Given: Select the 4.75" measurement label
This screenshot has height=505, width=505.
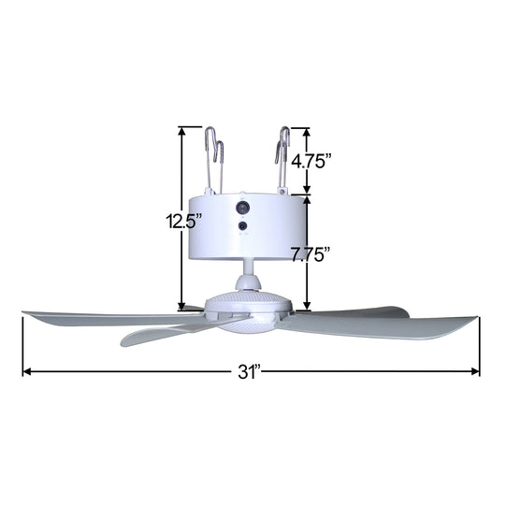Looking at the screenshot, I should [311, 161].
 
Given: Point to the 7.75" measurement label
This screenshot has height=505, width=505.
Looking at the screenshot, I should [311, 254].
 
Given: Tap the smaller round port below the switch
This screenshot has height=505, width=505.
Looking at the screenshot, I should [243, 225].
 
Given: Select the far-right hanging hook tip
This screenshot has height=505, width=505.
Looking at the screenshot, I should [290, 132].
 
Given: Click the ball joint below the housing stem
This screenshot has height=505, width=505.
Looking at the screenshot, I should [247, 281].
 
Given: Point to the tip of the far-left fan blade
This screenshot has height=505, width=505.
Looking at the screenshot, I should [25, 314].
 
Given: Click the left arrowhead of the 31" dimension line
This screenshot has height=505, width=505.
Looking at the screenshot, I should [26, 372].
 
